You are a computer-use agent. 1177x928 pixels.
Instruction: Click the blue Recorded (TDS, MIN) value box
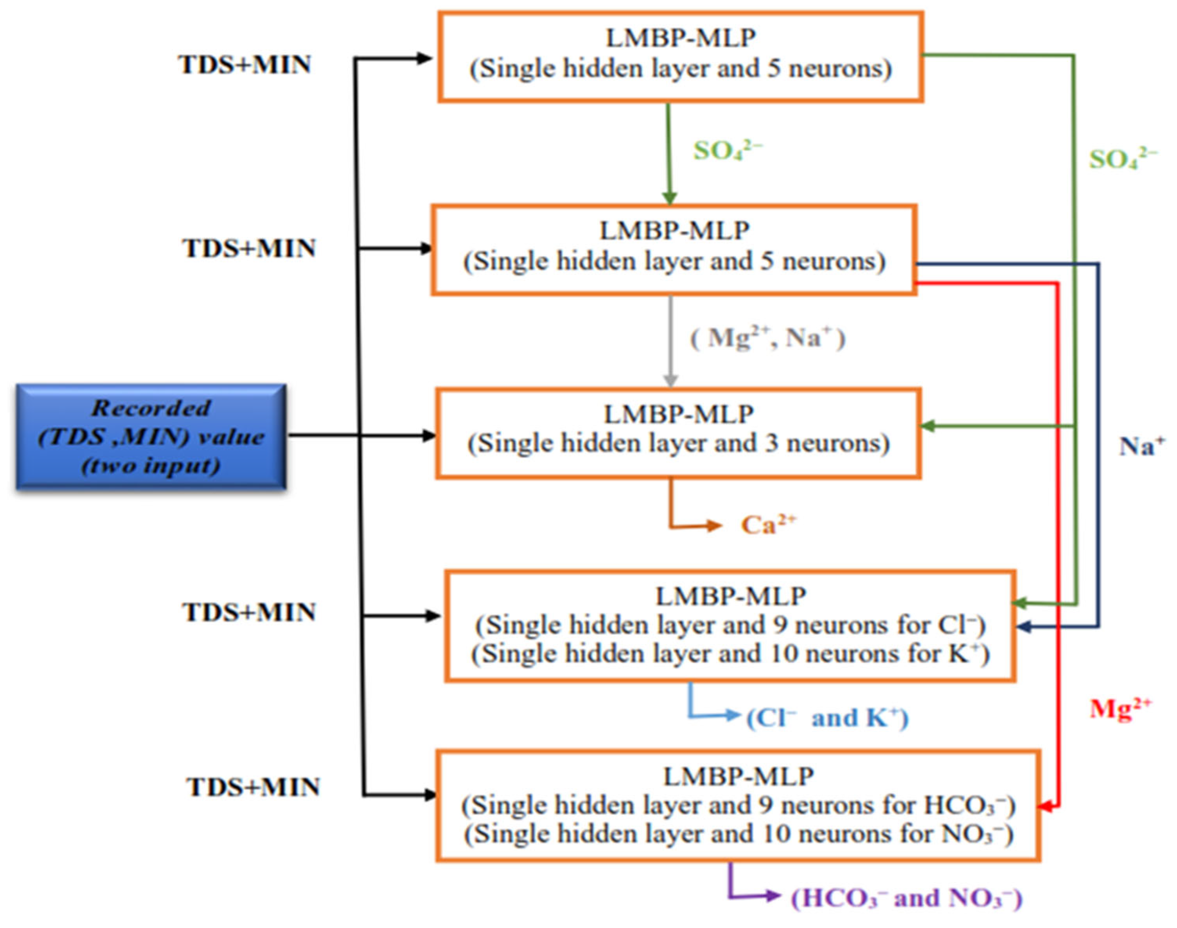(x=151, y=436)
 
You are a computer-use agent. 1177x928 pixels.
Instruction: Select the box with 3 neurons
(x=678, y=433)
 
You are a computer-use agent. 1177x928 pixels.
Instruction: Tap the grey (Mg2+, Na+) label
(x=767, y=338)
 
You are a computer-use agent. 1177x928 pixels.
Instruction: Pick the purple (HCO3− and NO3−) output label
(x=906, y=898)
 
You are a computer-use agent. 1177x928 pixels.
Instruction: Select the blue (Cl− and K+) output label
(x=827, y=718)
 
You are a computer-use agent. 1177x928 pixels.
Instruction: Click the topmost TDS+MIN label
(x=244, y=65)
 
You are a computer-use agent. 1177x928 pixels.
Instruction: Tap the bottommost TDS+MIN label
(x=253, y=787)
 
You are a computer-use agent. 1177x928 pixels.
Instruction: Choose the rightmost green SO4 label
(x=1122, y=159)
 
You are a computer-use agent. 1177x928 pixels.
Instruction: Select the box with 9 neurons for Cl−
(x=730, y=625)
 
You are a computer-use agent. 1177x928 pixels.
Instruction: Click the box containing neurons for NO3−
(x=738, y=806)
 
